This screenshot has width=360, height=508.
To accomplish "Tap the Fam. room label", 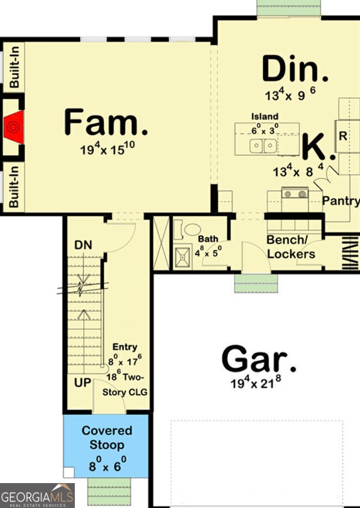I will coord(106,122).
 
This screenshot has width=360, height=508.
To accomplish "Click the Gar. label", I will coord(259,360).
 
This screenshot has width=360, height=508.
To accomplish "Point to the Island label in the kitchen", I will coord(265,117).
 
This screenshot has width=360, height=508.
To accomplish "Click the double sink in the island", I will coord(263,146).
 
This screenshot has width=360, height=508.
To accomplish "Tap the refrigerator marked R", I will coord(343,136).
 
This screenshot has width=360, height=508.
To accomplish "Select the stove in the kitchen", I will coord(295,193).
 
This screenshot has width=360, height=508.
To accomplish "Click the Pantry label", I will coord(341,201).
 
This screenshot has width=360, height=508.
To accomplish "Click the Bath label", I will coord(208,239).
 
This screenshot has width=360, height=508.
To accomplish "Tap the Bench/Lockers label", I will coord(291,247).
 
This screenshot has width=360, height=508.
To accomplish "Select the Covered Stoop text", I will coord(107,438).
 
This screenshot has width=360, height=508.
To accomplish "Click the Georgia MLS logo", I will coord(37,495).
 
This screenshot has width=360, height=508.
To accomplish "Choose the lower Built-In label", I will coord(14,186).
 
